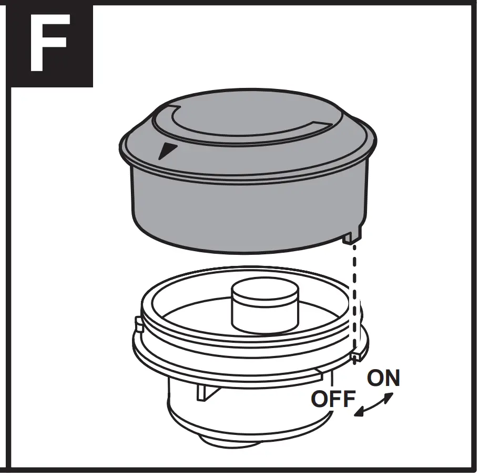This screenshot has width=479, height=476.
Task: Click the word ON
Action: (383, 379)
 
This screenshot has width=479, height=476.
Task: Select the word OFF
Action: (333, 400)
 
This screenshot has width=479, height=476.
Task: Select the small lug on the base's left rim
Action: (138, 325)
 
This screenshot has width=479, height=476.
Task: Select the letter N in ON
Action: (391, 379)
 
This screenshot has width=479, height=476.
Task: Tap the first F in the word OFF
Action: (334, 400)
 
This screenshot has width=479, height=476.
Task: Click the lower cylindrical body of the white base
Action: (237, 416)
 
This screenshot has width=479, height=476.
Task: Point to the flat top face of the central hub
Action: (264, 292)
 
